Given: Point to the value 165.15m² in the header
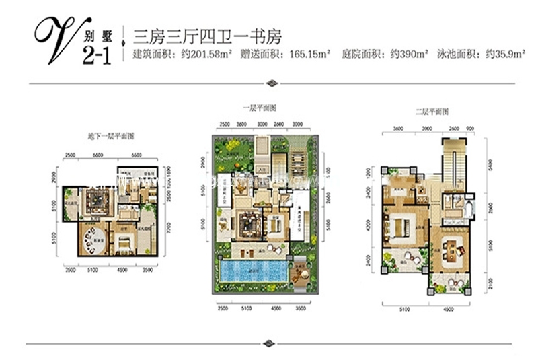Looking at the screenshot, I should point(308,55).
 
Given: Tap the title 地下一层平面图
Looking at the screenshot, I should point(111,135).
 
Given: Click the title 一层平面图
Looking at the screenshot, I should point(262,108).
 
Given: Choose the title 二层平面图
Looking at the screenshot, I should point(429,110).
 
